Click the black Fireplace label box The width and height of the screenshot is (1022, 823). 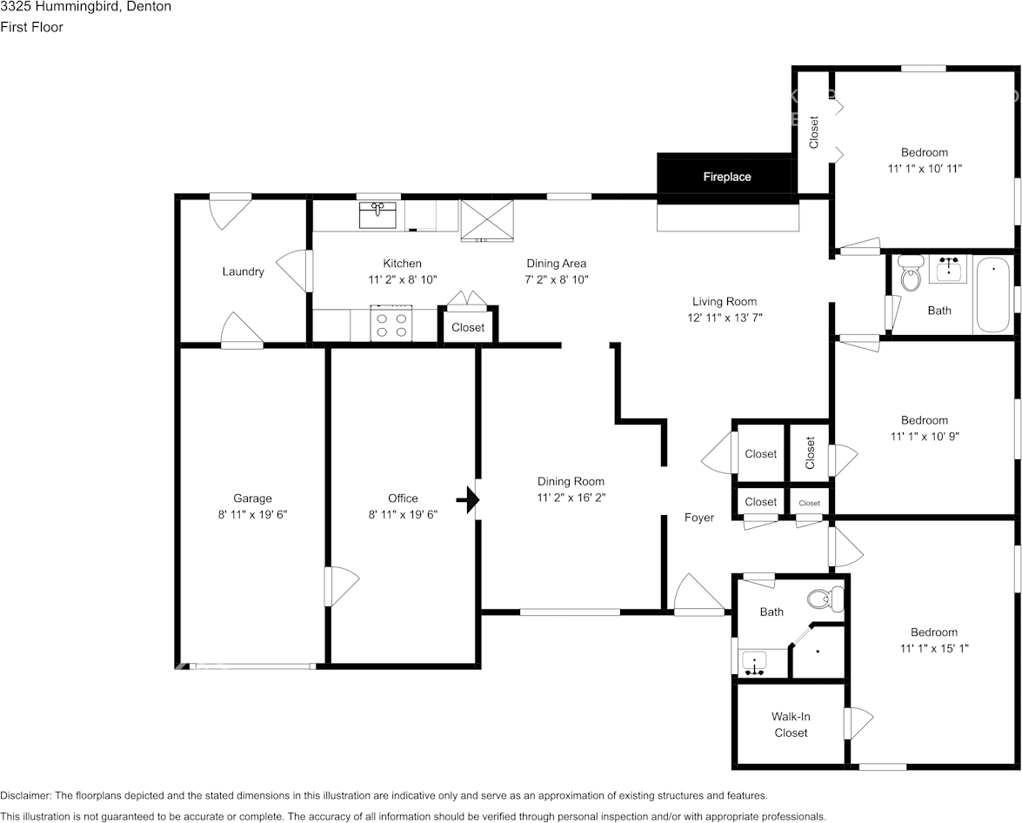click(x=726, y=177)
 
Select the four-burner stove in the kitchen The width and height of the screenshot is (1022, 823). click(x=391, y=325)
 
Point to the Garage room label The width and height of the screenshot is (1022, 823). click(x=252, y=498)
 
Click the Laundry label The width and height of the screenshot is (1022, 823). click(x=243, y=271)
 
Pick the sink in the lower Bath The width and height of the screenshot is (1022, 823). click(x=754, y=663)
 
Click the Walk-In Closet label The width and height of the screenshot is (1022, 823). click(x=791, y=725)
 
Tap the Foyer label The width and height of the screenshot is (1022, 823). click(x=699, y=518)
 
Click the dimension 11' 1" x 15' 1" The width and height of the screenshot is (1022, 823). click(x=934, y=648)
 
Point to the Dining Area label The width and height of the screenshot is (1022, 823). click(x=556, y=264)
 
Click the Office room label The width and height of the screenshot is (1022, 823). click(x=403, y=498)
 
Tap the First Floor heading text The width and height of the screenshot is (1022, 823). click(x=31, y=27)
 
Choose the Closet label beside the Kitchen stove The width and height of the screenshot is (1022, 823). click(x=468, y=328)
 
